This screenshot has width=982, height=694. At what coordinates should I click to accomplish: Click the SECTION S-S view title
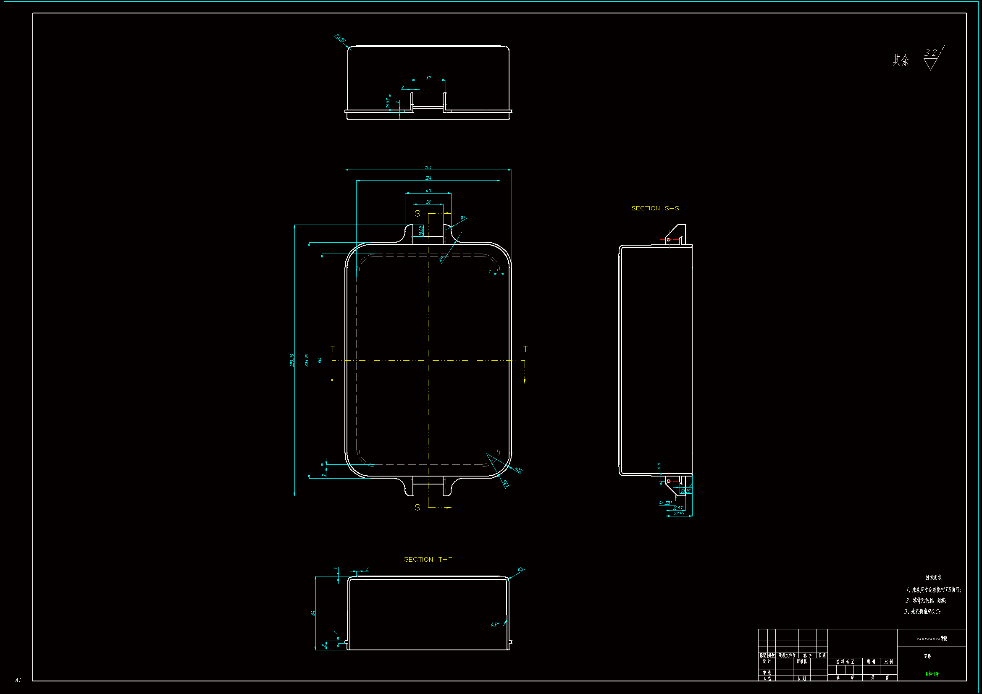click(655, 208)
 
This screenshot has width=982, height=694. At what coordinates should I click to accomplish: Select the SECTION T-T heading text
click(428, 559)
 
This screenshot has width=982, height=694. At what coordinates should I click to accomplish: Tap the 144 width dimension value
click(428, 167)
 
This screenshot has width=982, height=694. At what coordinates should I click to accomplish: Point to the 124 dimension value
click(428, 178)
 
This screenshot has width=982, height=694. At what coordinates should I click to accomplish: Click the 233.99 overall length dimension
click(292, 360)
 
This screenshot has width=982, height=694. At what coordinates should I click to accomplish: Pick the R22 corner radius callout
click(518, 470)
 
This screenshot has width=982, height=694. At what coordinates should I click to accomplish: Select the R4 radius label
click(463, 217)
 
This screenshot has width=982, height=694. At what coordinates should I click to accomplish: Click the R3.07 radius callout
click(340, 39)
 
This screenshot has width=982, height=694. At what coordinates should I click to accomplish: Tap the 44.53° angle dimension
click(665, 503)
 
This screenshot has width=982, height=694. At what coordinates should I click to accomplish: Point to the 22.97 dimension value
click(679, 513)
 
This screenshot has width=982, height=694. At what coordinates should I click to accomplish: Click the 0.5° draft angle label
click(495, 625)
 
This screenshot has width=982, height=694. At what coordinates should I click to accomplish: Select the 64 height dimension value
click(313, 613)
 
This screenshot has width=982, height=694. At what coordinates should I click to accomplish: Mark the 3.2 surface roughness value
click(930, 53)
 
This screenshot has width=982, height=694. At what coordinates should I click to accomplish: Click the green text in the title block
click(932, 674)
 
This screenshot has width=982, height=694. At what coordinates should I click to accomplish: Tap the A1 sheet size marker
click(18, 680)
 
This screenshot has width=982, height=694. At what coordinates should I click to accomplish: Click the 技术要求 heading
click(933, 577)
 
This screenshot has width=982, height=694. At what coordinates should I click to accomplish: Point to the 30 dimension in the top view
click(428, 78)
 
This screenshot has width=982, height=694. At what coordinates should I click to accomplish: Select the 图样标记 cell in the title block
click(845, 662)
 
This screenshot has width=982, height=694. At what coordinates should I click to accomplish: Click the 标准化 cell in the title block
click(801, 661)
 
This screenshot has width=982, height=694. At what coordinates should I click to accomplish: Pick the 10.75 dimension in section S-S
click(685, 491)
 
